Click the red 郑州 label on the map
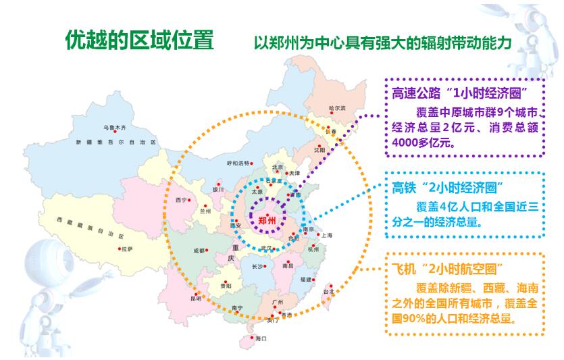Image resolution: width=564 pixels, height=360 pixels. (x=267, y=221)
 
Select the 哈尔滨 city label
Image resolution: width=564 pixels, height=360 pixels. (x=336, y=108)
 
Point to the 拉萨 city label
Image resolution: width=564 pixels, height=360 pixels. (x=127, y=249)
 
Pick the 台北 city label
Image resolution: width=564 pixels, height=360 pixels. (x=328, y=292)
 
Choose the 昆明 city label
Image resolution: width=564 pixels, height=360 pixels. (x=177, y=298)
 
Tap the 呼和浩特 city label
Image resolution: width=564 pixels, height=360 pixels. (x=237, y=163)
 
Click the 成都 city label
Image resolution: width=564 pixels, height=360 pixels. (x=199, y=250)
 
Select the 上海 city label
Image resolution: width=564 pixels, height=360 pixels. (x=327, y=235)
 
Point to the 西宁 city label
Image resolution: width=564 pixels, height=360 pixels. (x=180, y=200)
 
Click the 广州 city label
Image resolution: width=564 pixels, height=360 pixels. (x=276, y=301)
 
